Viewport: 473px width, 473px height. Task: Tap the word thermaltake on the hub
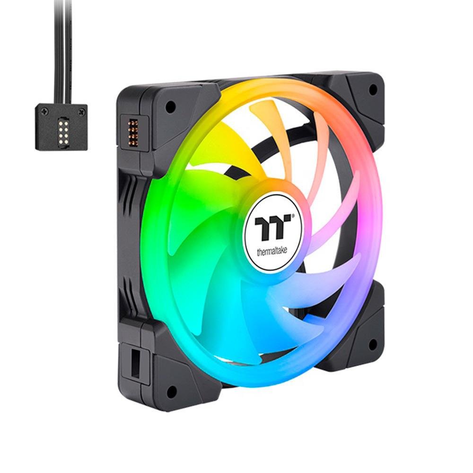272,251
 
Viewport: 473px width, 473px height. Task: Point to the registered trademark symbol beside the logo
292,216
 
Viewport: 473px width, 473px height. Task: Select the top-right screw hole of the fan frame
373,89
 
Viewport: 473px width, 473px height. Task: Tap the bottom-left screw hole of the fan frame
172,391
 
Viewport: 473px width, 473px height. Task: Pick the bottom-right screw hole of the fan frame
373,342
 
